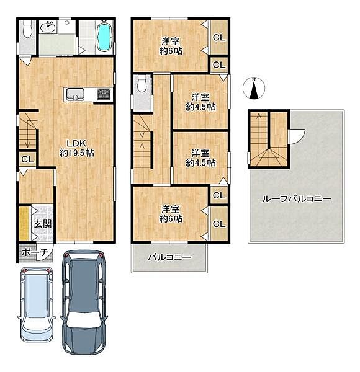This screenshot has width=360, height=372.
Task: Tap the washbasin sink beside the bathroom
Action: (x=48, y=27)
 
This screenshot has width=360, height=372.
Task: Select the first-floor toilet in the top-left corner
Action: (x=27, y=29)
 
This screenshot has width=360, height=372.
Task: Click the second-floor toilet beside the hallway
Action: (x=142, y=84)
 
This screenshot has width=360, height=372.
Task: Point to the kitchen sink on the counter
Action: (x=75, y=94)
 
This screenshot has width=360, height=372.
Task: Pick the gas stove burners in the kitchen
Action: (x=104, y=94)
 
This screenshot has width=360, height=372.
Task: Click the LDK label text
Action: (x=76, y=143)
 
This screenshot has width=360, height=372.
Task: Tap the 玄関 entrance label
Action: (x=43, y=224)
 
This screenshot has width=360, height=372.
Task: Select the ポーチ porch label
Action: (x=35, y=252)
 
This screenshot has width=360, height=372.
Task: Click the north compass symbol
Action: (x=254, y=88)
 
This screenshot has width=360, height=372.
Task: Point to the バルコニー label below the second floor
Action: (x=169, y=257)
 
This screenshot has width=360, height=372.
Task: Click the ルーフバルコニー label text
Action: (x=296, y=199)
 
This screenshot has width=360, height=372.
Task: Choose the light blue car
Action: (x=37, y=304)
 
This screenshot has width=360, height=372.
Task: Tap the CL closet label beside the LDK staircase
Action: (x=27, y=159)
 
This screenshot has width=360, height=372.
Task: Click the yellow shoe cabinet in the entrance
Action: (x=24, y=223)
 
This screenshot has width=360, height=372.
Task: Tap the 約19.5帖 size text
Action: (x=76, y=153)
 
